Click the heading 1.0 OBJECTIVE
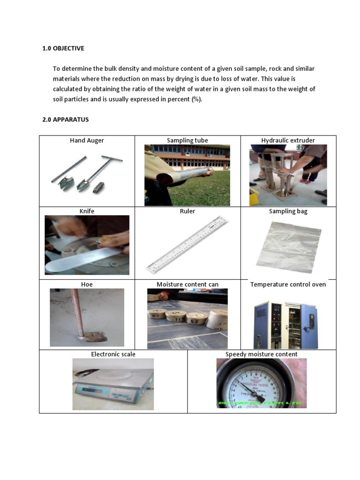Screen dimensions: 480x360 pyautogui.click(x=63, y=48)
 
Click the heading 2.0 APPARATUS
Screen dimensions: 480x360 pyautogui.click(x=65, y=120)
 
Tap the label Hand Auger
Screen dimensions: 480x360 pyautogui.click(x=87, y=140)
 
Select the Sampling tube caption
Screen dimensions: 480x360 pyautogui.click(x=187, y=140)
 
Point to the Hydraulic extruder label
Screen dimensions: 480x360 pyautogui.click(x=288, y=140)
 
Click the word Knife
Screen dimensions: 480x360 pyautogui.click(x=87, y=211)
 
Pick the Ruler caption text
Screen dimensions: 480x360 pyautogui.click(x=187, y=211)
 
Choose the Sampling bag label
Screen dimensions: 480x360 pyautogui.click(x=288, y=211)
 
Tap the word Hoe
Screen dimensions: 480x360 pyautogui.click(x=87, y=284)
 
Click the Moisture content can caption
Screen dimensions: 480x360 pyautogui.click(x=187, y=284)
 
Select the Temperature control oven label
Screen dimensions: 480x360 pyautogui.click(x=288, y=284)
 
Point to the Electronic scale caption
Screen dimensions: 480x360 pyautogui.click(x=113, y=354)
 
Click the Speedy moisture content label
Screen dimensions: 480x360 pyautogui.click(x=262, y=354)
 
